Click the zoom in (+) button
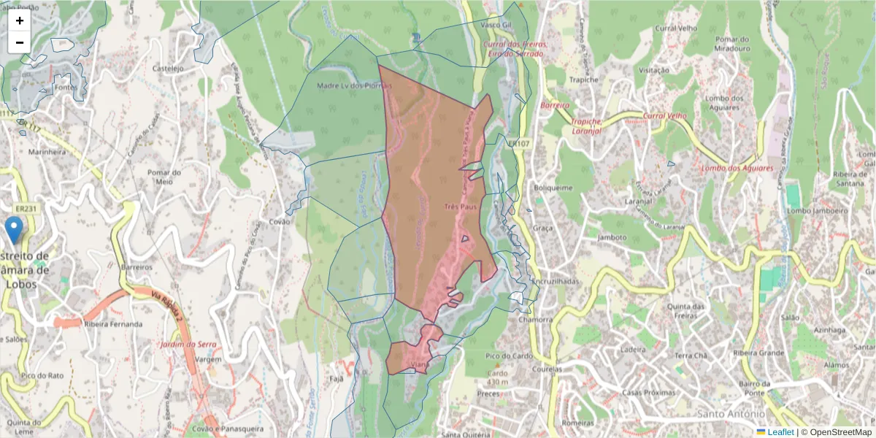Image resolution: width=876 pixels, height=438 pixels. (x=19, y=20)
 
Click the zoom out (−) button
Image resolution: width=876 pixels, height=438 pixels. (x=19, y=42)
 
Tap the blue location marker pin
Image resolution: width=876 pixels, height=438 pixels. (x=14, y=230)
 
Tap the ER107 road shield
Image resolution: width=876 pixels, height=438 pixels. (x=519, y=145)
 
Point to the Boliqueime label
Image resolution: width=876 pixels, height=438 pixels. (x=554, y=188)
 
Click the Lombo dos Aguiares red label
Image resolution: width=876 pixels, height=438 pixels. (x=737, y=169)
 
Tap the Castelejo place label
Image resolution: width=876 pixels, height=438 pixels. (x=168, y=69)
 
